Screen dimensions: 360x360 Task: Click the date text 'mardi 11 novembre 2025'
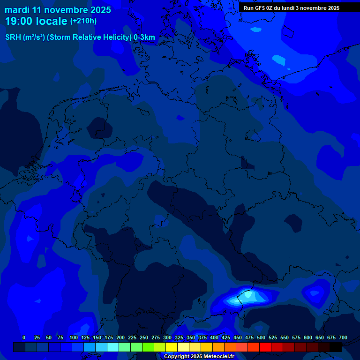pos(58,10)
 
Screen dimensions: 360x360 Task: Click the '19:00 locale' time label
pos(36,21)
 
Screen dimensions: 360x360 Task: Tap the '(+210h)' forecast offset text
pos(83,21)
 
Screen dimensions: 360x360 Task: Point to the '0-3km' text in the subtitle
pos(144,37)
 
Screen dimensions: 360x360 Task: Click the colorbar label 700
pos(343,337)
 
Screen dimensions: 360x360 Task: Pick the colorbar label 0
pos(24,337)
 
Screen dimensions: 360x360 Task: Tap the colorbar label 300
pos(167,337)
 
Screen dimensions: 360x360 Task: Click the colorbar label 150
pos(97,337)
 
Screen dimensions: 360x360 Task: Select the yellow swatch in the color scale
pos(172,347)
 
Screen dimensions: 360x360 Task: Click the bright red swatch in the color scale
pos(265,347)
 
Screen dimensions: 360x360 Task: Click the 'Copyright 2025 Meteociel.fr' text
pos(199,357)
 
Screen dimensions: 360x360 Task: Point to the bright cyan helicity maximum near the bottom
pos(249,296)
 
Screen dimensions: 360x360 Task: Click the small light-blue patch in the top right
pos(278,60)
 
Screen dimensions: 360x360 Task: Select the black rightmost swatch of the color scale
pos(336,347)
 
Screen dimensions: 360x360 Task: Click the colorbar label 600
pos(308,337)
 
